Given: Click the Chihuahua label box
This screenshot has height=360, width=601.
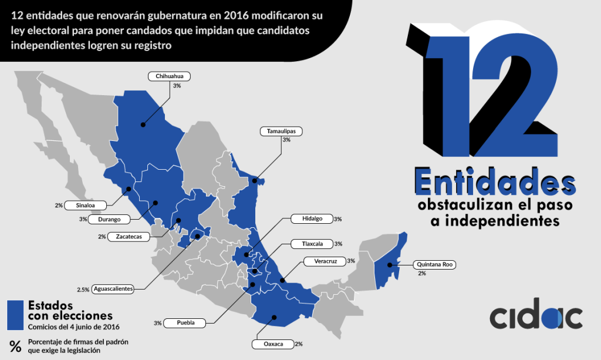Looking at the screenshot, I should click(170, 76).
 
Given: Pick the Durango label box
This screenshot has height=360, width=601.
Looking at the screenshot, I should click(110, 219).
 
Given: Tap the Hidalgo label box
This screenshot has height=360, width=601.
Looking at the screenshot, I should click(312, 218).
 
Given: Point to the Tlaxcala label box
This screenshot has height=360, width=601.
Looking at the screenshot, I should click(312, 243).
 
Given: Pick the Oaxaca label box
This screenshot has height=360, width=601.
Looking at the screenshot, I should click(272, 344).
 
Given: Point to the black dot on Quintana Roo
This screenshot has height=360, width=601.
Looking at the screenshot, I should click(390, 265).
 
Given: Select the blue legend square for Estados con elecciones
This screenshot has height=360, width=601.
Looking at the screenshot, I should click(15, 315).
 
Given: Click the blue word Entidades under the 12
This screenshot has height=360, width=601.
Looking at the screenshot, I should click(495, 183).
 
